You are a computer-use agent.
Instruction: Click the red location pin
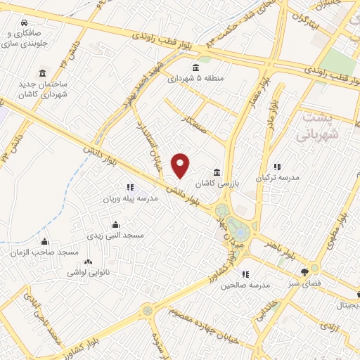coord(181,165)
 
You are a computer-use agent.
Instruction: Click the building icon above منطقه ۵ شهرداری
coord(195,67)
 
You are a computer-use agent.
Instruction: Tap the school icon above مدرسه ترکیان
coord(277,167)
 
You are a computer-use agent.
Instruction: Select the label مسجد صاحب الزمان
coord(44,252)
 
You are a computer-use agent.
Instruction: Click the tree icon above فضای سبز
coord(304,271)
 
